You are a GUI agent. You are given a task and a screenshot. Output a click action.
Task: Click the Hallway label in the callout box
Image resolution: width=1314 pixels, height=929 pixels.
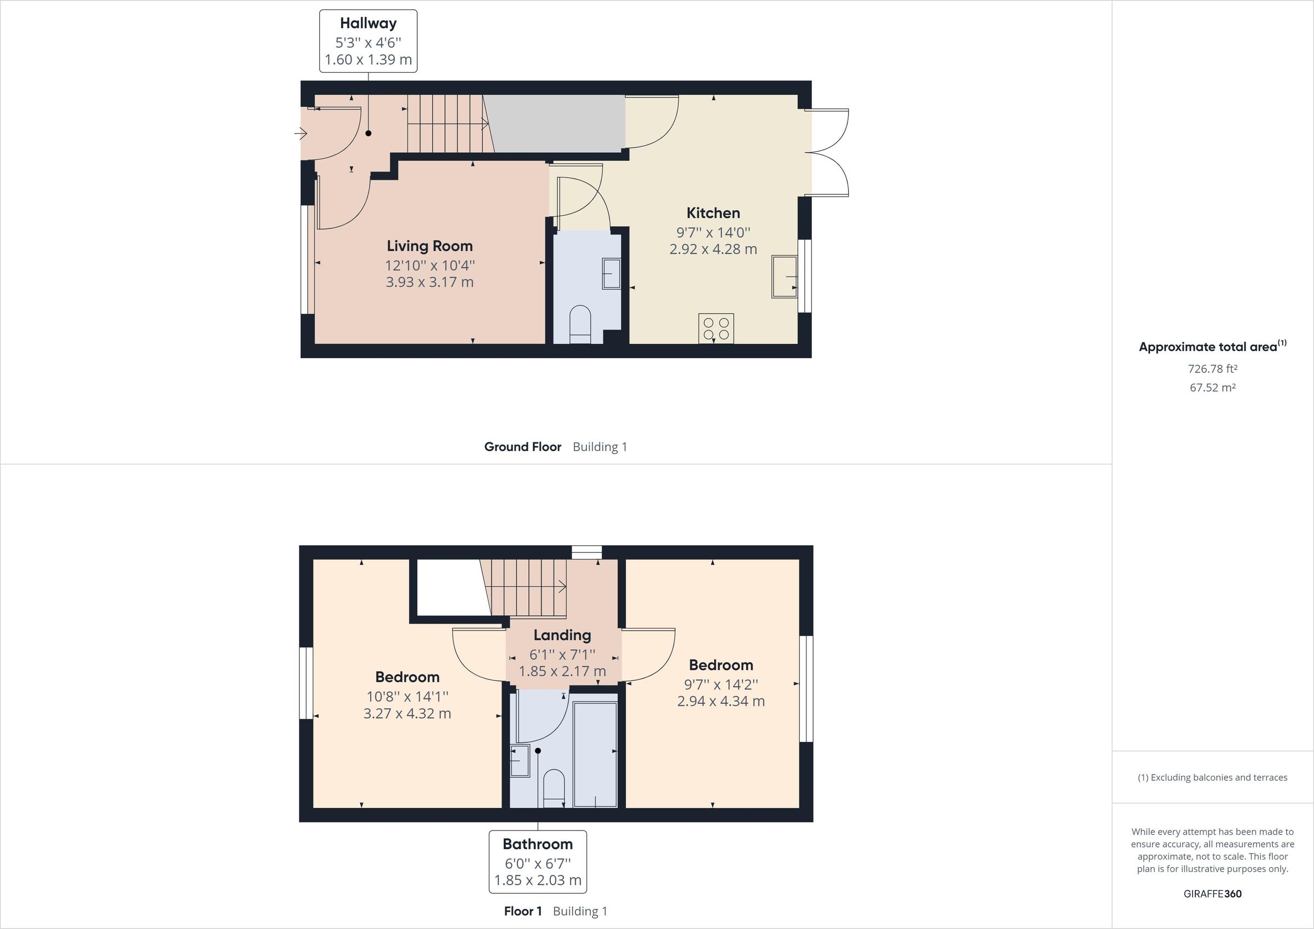[x=368, y=24]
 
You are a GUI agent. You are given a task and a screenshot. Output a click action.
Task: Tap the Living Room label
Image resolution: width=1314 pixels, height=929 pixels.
[x=429, y=246]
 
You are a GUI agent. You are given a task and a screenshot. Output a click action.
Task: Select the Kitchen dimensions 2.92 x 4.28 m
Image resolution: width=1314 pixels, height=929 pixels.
[x=713, y=249]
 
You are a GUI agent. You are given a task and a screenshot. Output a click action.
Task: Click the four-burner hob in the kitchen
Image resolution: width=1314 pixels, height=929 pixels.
[x=716, y=328]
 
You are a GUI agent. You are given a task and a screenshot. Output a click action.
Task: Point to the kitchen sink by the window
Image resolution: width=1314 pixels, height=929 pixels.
[x=785, y=277]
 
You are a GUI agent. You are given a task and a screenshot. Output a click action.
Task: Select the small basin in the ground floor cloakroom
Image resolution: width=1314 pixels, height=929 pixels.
[x=610, y=274]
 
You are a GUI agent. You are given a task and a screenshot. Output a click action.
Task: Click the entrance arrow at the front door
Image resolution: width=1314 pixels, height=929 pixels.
[x=301, y=134]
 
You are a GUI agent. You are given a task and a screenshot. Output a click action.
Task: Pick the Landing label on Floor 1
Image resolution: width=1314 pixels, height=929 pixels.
[x=562, y=636]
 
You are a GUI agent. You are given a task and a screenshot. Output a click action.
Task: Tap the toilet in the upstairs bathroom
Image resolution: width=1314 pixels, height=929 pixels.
[x=554, y=788]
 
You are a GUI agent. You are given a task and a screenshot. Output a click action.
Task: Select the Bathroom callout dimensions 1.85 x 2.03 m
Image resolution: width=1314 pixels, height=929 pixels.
[x=538, y=880]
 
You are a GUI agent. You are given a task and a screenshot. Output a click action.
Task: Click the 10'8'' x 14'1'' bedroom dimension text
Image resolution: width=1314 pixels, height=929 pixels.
[x=407, y=696]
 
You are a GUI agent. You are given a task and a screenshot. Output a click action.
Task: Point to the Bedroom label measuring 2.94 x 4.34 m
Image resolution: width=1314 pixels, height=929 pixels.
[x=721, y=665]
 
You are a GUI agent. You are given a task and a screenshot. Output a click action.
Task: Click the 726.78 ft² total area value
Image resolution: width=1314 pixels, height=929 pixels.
[x=1212, y=368]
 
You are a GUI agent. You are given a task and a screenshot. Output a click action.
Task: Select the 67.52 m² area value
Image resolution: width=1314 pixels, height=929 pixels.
[x=1212, y=388]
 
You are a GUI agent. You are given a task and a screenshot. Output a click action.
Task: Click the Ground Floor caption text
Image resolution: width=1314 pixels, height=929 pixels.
[x=522, y=447]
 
